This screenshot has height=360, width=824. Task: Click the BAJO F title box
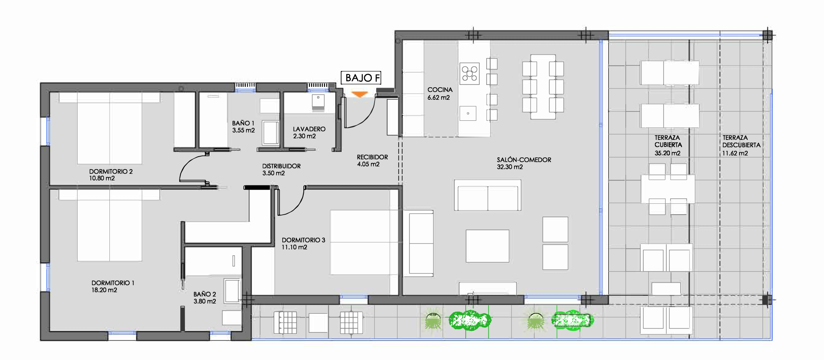coord(361,78)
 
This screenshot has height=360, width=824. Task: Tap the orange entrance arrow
coord(359,94)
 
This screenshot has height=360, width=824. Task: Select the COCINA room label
coord(440,90)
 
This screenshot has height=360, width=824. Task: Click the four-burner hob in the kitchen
coord(469,73)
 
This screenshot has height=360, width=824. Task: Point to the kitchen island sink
coord(468,113)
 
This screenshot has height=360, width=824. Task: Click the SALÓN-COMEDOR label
coord(524,160)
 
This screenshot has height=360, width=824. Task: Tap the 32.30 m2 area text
coord(510,167)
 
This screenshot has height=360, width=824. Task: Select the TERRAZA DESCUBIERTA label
coord(741,141)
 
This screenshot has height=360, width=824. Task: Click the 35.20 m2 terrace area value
coord(667,153)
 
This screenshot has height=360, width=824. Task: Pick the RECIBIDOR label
coord(372,157)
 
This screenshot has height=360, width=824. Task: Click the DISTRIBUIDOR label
coord(281,166)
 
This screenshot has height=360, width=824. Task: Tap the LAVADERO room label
coord(309,129)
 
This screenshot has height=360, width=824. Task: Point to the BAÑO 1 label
coord(243,123)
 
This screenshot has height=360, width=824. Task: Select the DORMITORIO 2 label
coord(111,171)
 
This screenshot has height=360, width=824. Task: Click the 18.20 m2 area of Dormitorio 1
coord(104,290)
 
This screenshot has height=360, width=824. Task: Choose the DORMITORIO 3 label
coord(303,240)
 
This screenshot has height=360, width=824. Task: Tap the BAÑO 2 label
coord(204,294)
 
